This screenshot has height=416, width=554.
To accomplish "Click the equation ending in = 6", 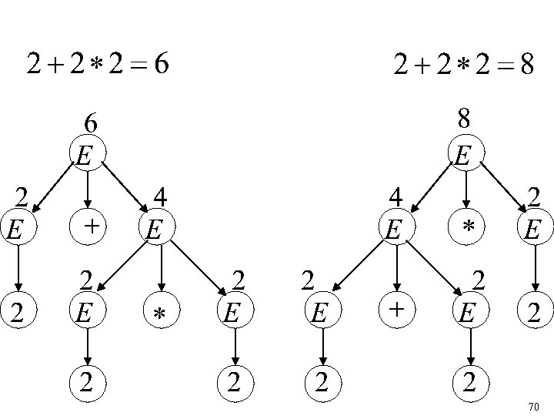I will coord(98,65).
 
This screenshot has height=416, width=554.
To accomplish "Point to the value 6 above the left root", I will coord(90,124).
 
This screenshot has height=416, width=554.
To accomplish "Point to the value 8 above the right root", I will coord(464,119).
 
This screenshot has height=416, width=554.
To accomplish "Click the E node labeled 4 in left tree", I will coord(157,228).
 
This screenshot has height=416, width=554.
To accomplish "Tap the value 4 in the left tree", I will coord(160,196).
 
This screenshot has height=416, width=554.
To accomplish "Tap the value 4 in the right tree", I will coord(395,196).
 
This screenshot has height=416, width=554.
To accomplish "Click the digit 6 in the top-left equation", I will coord(160,65).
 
